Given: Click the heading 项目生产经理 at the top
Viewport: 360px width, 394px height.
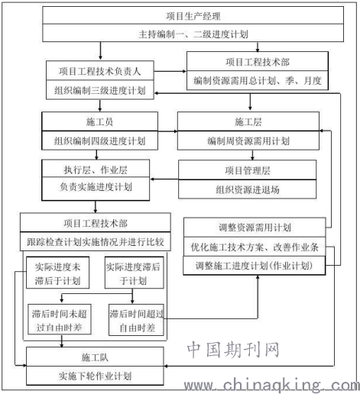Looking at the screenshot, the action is [x=193, y=16].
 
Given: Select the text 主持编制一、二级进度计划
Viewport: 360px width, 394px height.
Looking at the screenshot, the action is [x=193, y=34].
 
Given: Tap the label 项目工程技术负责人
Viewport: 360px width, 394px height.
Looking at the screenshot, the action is [x=99, y=71].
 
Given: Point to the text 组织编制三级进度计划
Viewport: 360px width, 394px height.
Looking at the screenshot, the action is [x=99, y=90].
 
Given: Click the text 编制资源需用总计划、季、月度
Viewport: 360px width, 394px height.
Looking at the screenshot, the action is [x=258, y=81].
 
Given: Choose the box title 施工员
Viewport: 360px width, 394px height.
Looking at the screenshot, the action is [x=99, y=122].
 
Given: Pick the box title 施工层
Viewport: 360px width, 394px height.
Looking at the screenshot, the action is [x=248, y=122].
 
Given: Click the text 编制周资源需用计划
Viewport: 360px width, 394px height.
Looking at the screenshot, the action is [x=248, y=140].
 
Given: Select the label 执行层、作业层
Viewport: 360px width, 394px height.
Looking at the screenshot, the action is [x=96, y=170].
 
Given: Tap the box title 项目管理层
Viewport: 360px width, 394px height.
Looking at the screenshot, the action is [x=248, y=170].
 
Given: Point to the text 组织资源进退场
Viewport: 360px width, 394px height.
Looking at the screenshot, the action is [x=248, y=189].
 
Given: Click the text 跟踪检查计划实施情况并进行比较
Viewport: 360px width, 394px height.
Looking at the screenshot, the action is [x=96, y=242].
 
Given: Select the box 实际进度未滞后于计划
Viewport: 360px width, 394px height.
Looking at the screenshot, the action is [x=57, y=273].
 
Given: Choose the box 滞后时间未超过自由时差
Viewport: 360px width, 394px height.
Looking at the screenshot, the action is [x=60, y=319].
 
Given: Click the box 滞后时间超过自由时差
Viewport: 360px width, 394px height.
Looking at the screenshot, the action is [x=136, y=320].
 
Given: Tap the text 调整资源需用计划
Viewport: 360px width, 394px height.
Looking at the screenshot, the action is [x=255, y=228].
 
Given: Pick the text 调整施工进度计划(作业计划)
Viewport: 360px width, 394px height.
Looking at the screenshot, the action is [x=254, y=266].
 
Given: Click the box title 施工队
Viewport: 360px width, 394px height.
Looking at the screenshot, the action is [x=95, y=357].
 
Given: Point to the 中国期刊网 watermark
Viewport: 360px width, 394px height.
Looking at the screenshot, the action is [x=233, y=349].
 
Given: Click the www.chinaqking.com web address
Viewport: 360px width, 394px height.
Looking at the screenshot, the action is [x=272, y=385].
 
